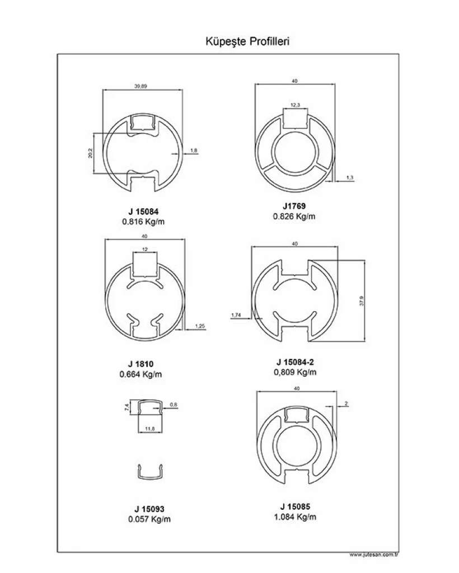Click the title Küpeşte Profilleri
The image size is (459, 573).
tap(247, 41)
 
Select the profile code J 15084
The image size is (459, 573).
tap(143, 212)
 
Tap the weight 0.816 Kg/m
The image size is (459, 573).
tap(143, 222)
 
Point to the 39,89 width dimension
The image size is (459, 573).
tap(140, 86)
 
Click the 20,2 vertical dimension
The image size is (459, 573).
tap(90, 153)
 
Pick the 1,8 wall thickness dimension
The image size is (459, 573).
tap(194, 150)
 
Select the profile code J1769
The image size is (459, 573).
tap(294, 206)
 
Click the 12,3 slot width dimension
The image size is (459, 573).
tap(296, 105)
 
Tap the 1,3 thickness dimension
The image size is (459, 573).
tap(350, 177)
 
